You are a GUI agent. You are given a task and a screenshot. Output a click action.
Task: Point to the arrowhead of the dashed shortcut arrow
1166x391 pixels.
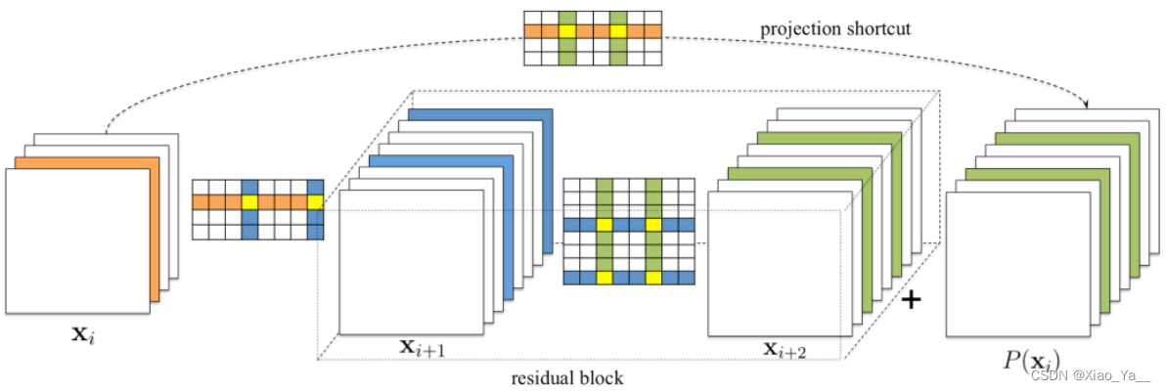point(1088,104)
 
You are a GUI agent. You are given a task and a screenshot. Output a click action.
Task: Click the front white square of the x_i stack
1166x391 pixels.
point(77,240)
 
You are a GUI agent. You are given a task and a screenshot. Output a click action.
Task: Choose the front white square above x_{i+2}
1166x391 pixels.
point(774,264)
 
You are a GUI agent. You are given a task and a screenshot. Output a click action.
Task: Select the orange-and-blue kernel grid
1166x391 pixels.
point(257,209)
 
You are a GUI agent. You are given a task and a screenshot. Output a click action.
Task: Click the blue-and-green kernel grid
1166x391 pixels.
point(628,232)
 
